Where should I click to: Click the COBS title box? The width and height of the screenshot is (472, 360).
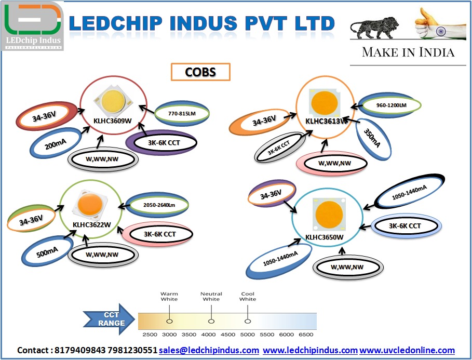(200, 72)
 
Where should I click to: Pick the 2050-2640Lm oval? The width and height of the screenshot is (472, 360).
(158, 205)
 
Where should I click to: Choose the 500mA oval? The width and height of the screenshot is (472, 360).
(47, 252)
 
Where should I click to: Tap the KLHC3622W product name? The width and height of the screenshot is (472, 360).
(92, 224)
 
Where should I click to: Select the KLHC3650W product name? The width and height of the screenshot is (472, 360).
(325, 237)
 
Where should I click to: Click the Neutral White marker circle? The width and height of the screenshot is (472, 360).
(211, 316)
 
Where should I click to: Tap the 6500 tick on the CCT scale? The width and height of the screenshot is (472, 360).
(307, 334)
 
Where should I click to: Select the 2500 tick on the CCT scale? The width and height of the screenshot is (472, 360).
(150, 334)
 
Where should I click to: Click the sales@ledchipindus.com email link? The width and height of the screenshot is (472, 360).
(209, 350)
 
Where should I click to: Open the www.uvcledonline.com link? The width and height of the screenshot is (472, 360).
(407, 350)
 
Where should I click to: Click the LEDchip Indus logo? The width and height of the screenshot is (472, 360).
(33, 25)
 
